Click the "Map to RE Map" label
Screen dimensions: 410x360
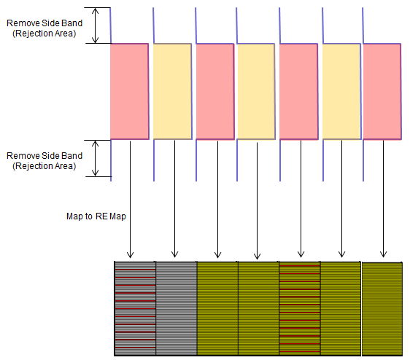(96, 216)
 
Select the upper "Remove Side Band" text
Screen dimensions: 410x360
(45, 23)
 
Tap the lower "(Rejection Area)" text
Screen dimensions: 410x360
(45, 166)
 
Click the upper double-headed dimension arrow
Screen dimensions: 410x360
(96, 26)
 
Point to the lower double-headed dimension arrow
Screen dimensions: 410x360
(96, 158)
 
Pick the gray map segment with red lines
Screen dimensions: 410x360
(135, 308)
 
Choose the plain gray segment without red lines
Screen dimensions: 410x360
(177, 308)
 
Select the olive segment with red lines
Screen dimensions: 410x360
(300, 308)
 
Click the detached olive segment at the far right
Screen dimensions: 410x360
(382, 309)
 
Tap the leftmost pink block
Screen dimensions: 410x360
(129, 91)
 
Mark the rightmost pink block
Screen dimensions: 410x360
(382, 91)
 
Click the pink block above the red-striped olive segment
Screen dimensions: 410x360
(299, 91)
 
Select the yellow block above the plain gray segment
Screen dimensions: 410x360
(173, 91)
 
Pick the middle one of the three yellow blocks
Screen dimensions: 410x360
(256, 91)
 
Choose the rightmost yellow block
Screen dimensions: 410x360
(341, 91)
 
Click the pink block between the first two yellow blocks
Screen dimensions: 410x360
(215, 91)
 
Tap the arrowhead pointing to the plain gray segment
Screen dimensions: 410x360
(174, 254)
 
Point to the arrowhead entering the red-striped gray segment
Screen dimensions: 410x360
(130, 255)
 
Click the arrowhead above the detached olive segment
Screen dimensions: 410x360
(383, 254)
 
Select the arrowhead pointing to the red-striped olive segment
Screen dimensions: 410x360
(301, 254)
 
